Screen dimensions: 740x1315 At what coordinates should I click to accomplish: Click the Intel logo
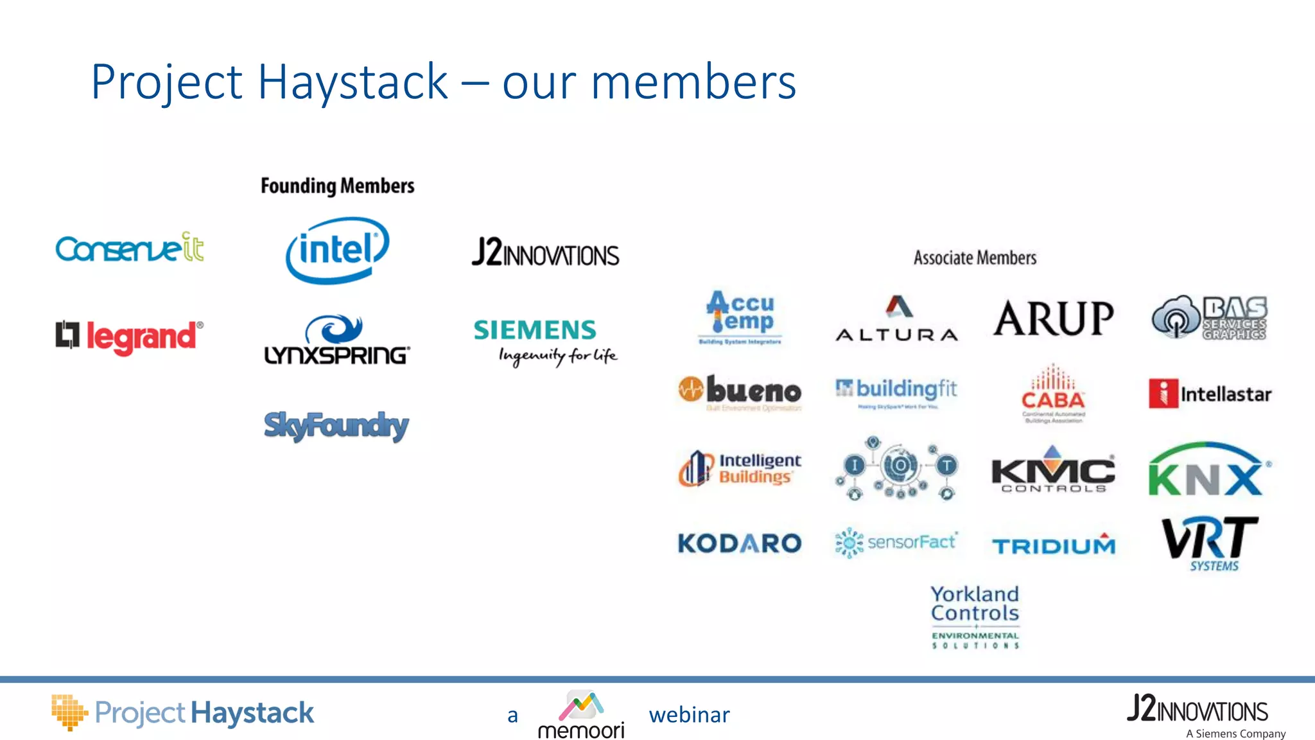[x=337, y=250]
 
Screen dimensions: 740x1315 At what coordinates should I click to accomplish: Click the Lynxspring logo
[x=337, y=340]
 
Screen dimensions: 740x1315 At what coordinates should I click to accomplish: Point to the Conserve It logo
[x=130, y=248]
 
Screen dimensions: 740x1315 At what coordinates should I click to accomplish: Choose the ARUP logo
[x=1053, y=319]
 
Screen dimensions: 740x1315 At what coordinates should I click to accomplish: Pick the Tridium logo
[x=1054, y=545]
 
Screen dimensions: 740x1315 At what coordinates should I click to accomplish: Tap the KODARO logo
[x=740, y=543]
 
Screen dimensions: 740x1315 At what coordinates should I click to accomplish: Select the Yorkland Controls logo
[x=975, y=615]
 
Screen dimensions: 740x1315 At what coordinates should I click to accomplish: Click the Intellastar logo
[x=1210, y=394]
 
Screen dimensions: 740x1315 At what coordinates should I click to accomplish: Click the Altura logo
[x=897, y=319]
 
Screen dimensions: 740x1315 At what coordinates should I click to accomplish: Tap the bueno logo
[x=740, y=391]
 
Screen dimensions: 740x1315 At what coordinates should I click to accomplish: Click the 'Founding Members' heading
[x=337, y=186]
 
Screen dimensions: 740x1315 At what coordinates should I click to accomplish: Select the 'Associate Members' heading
[x=975, y=258]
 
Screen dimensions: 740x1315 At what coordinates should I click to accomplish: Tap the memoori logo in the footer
[x=581, y=715]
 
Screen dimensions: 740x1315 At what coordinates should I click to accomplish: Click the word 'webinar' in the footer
[x=689, y=715]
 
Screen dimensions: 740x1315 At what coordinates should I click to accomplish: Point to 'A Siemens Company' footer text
[x=1235, y=734]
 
